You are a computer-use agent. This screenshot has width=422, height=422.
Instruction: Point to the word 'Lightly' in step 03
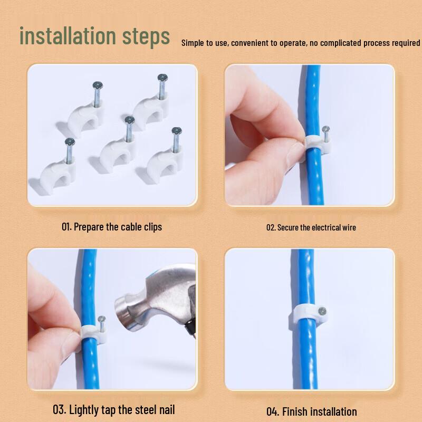tap(90, 409)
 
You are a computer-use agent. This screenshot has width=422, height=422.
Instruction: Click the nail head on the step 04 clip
tap(323, 312)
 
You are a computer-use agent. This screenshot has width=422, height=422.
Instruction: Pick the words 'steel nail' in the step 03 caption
tap(153, 409)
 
